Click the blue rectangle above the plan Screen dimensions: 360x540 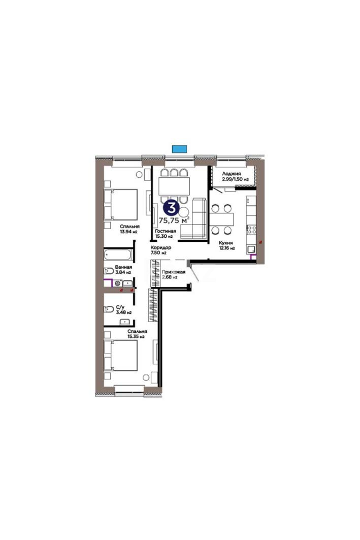tap(180, 149)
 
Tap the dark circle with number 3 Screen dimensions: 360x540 tap(171, 208)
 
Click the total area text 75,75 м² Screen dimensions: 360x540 tap(174, 220)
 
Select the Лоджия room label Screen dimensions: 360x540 tap(231, 174)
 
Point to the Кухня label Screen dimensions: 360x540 tap(226, 243)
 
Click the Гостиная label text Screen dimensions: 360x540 tap(166, 231)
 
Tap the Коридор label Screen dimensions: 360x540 tap(161, 247)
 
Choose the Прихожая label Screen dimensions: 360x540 tap(174, 272)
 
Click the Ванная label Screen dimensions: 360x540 tap(123, 267)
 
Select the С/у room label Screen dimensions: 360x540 tap(120, 307)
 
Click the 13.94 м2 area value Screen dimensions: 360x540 tap(129, 232)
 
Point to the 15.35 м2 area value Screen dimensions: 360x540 tap(136, 336)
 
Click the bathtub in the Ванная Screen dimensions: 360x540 tap(118, 255)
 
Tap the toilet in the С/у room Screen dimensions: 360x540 tap(109, 309)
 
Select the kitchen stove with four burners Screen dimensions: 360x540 tap(251, 230)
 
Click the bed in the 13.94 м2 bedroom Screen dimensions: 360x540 tap(121, 204)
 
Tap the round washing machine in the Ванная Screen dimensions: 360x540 tap(117, 283)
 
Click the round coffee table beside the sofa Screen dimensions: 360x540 tap(184, 212)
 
